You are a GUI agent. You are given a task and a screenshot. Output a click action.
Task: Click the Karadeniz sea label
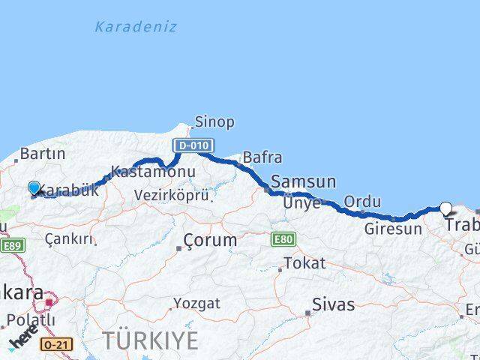coord(136,27)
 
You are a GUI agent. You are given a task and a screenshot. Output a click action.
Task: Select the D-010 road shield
coord(193,145)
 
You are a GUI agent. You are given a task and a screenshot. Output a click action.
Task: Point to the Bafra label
coord(262,157)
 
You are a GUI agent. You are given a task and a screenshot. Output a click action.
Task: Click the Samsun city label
coord(303,181)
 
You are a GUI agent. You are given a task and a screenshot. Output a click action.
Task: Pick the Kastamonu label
coord(153,171)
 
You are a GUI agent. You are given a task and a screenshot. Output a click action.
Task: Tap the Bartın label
coord(43,154)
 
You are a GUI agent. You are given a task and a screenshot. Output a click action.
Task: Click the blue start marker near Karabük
coord(34,187)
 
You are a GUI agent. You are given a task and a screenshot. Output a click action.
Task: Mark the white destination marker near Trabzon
coord(446,208)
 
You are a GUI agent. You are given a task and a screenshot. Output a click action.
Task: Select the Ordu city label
coord(361,202)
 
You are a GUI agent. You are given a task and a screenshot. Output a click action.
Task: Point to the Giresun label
coord(393,229)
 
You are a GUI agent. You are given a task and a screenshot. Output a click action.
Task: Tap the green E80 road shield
coord(282,239)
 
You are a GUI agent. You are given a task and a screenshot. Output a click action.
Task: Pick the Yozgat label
coord(196,304)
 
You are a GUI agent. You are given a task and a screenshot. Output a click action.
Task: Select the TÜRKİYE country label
coord(151,340)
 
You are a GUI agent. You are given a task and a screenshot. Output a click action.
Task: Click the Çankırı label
coord(69,239)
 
